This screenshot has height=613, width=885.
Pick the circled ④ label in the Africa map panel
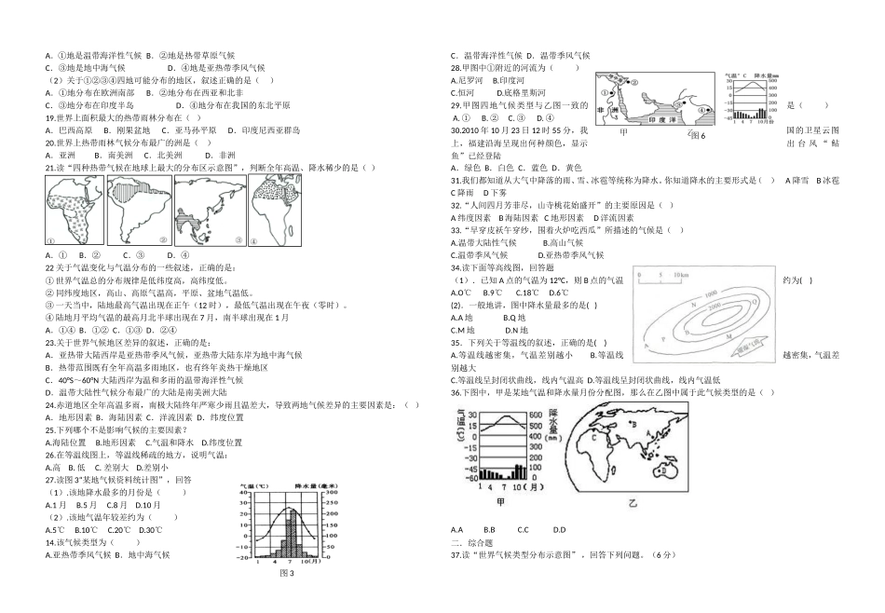tap(252, 241)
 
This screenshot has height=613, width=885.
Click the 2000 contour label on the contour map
tap(715, 304)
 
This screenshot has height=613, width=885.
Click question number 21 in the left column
tap(50, 168)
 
